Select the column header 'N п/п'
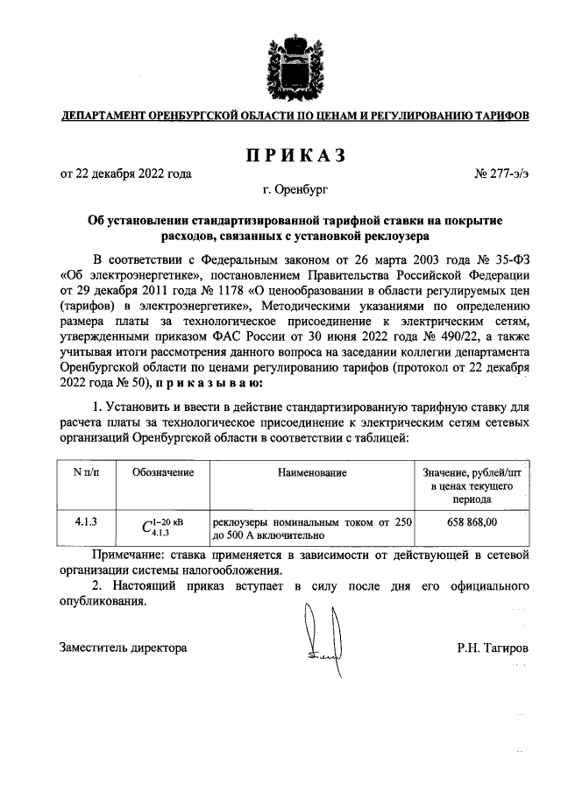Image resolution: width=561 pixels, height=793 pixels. point(86,473)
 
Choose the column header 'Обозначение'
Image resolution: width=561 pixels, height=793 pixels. point(163,473)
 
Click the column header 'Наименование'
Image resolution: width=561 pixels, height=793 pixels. point(312,473)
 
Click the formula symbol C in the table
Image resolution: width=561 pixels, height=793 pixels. point(146,527)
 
